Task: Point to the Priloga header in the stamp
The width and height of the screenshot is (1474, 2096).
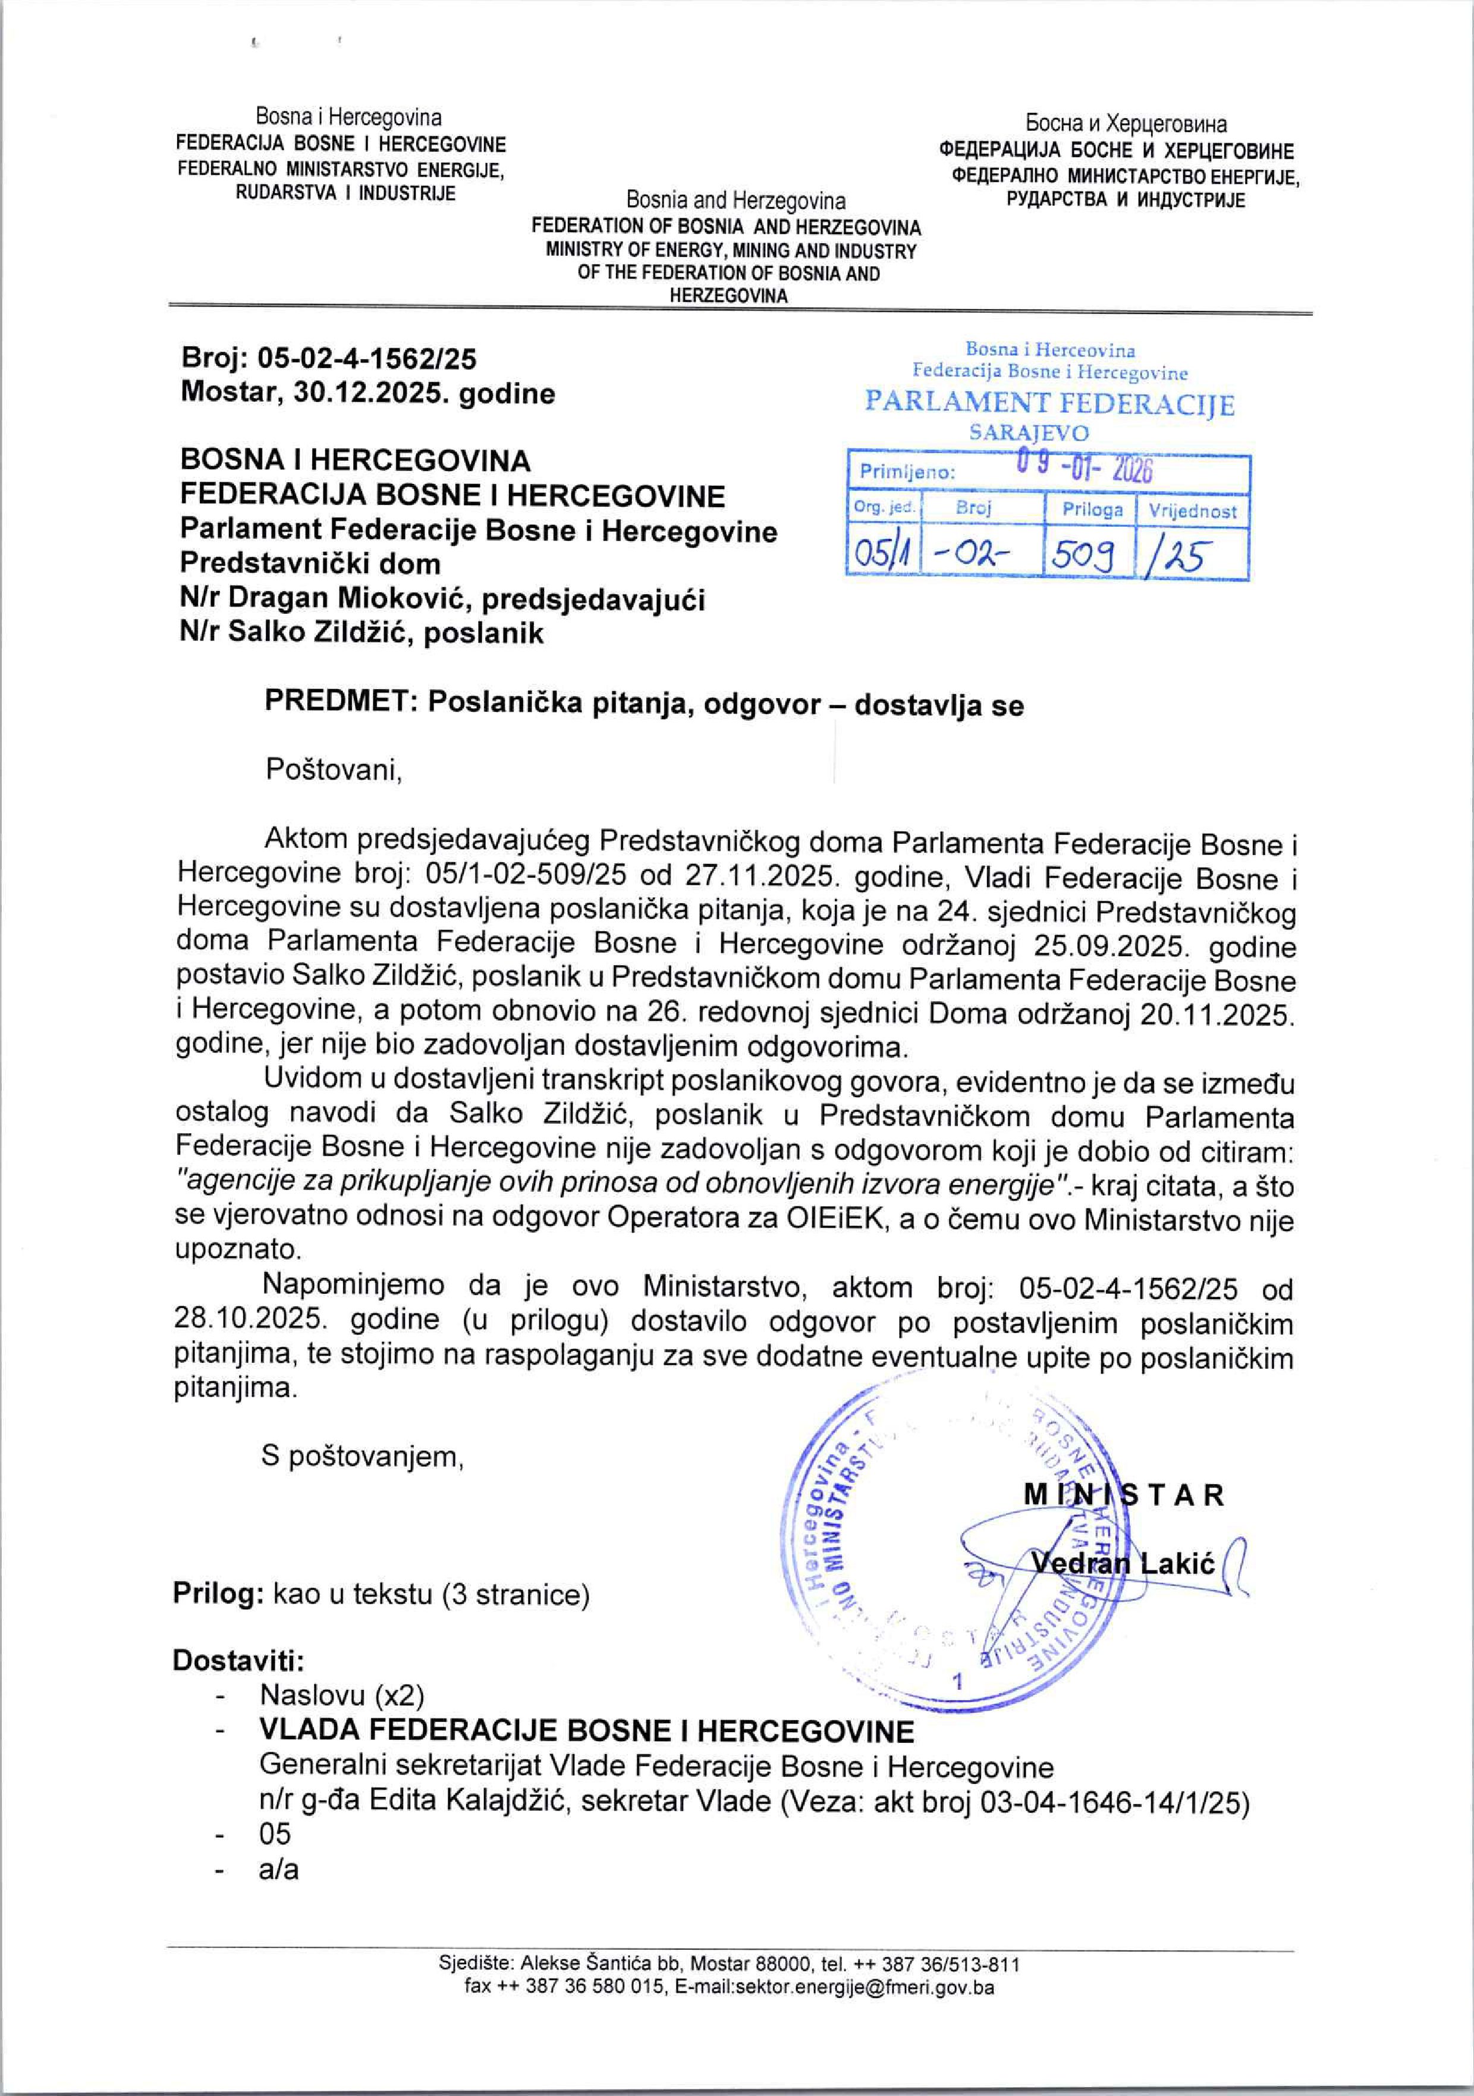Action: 1092,510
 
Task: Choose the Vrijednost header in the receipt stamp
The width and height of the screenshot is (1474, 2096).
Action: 1192,510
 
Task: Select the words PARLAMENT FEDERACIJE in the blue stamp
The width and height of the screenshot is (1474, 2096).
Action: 1049,404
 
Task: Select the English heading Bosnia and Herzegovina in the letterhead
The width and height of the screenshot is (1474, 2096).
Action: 736,201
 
